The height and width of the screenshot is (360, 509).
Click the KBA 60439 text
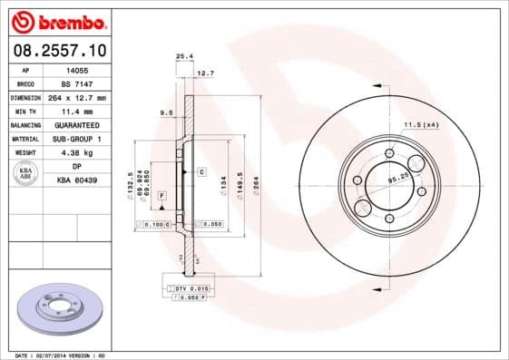click(x=77, y=180)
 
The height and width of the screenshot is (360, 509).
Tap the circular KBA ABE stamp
click(x=24, y=174)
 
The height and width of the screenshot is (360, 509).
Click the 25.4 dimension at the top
click(x=182, y=56)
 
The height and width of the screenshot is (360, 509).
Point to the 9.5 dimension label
click(x=166, y=112)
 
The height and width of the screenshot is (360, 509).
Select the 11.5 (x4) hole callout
click(x=421, y=123)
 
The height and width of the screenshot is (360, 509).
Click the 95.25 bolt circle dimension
click(x=396, y=179)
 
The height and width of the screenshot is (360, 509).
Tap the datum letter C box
click(x=201, y=170)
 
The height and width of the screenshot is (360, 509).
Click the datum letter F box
click(x=161, y=195)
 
